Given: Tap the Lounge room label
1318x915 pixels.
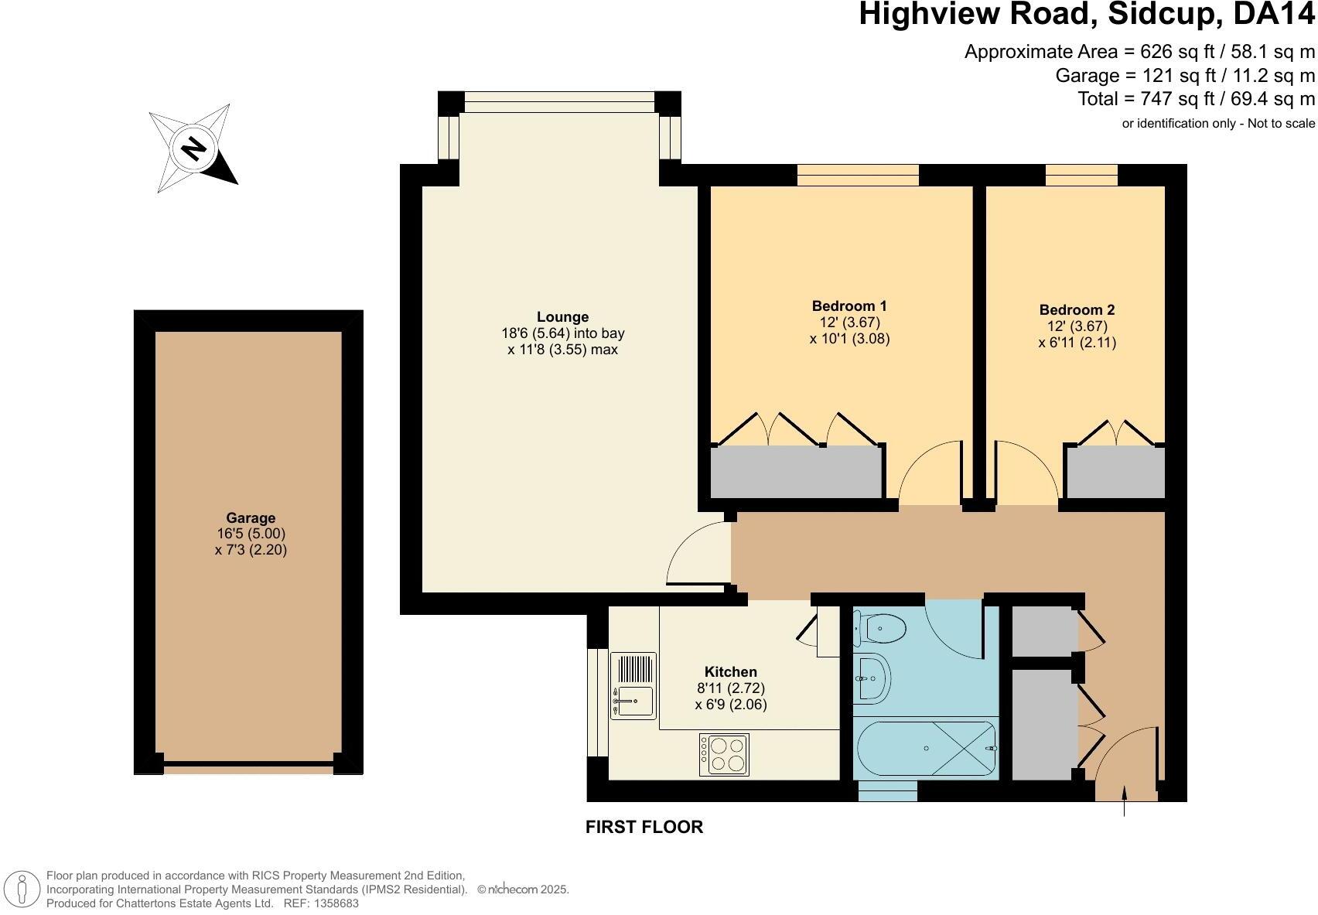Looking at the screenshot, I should [x=562, y=317].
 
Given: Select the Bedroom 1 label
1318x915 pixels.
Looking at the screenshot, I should [x=849, y=306].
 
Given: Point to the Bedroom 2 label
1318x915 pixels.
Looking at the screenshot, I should [x=1077, y=309].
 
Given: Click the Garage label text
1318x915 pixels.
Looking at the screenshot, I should [x=251, y=518].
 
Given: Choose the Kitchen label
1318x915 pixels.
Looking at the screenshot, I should [x=730, y=671].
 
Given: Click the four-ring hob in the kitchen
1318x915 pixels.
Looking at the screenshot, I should [x=724, y=754].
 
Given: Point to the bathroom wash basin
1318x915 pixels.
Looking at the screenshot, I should [x=872, y=679].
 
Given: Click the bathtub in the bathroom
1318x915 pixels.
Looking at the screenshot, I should [x=926, y=749].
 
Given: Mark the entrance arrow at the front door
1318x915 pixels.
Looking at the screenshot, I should [x=1124, y=801].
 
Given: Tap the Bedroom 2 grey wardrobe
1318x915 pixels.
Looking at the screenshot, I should [x=1115, y=472].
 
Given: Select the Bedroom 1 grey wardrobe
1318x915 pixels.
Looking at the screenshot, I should [x=797, y=472].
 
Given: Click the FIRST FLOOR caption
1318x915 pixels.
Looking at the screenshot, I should [x=644, y=827].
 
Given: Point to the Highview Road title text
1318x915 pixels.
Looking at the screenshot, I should [x=1086, y=15].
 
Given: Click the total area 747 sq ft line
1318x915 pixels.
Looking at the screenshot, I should [x=1196, y=99].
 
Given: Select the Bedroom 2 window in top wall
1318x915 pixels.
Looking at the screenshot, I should [x=1081, y=176].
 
